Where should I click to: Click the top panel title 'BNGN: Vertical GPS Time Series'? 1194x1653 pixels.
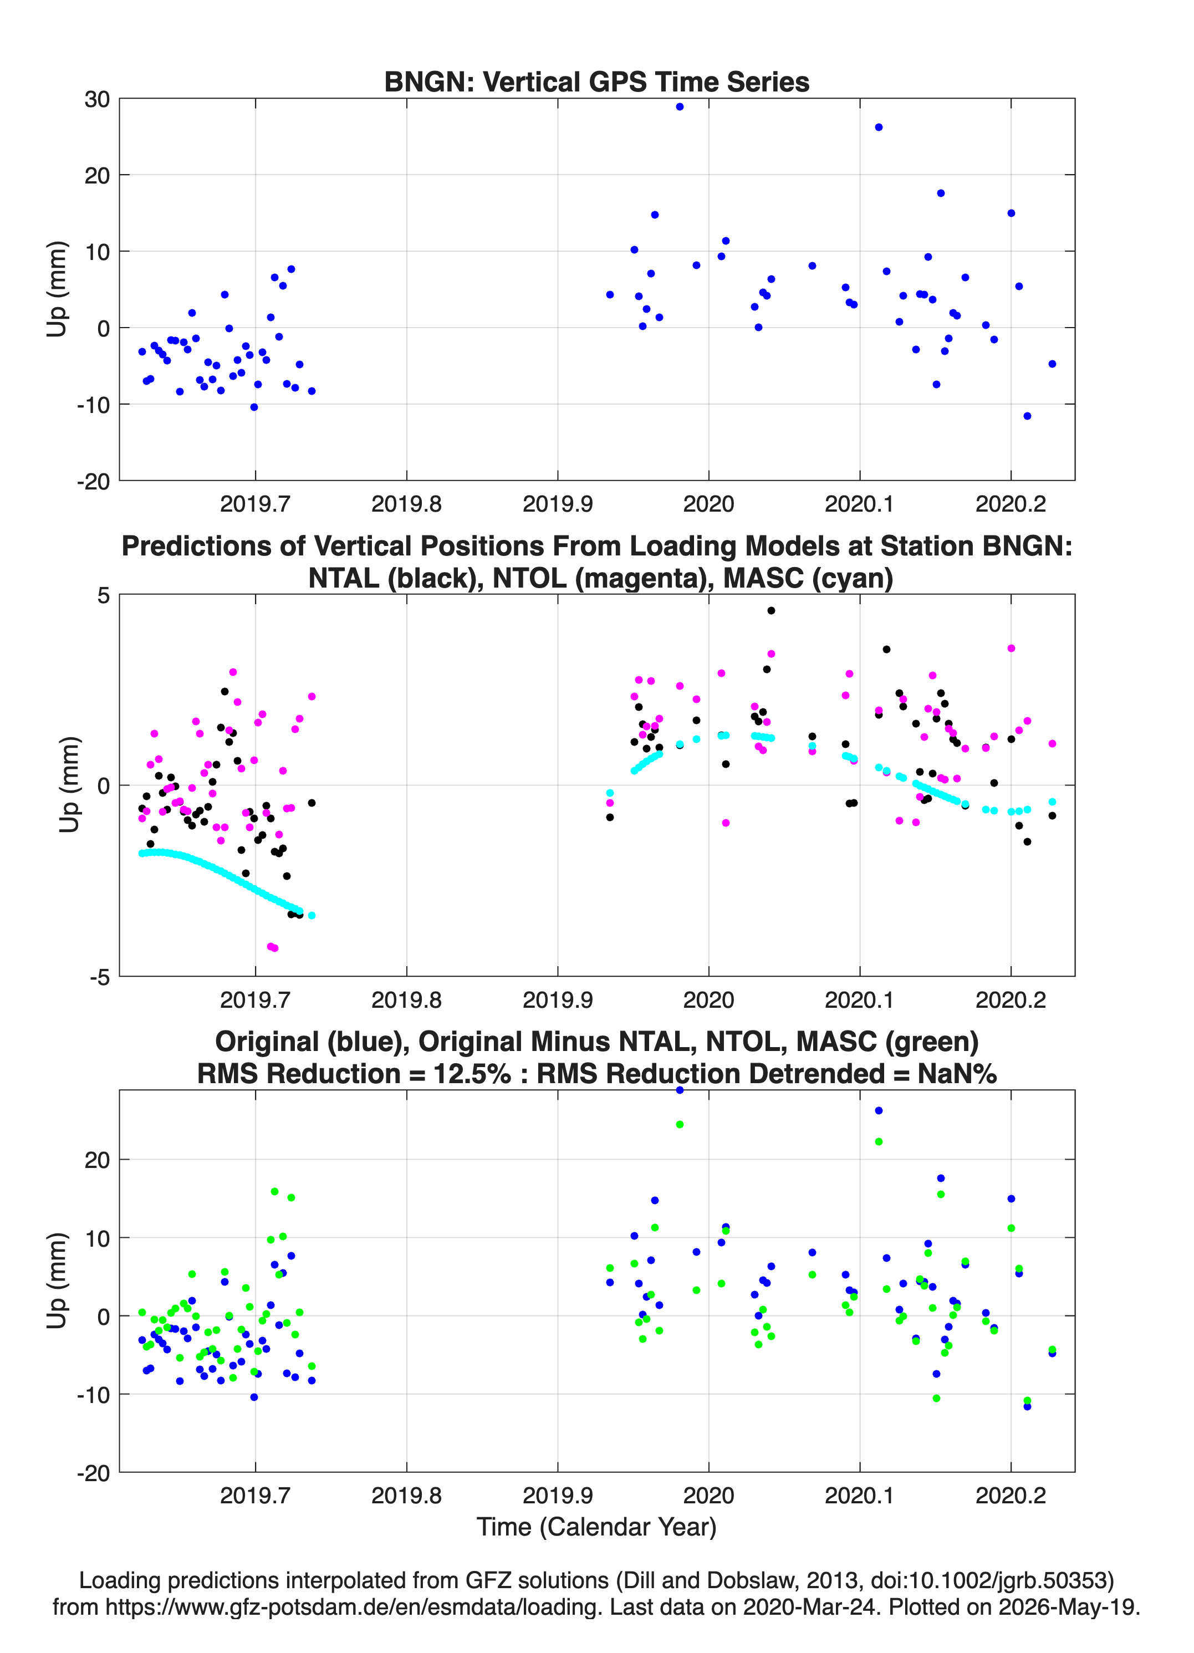pyautogui.click(x=596, y=81)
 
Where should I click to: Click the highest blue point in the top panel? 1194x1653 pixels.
pyautogui.click(x=680, y=106)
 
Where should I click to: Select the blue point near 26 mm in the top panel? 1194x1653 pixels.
pyautogui.click(x=879, y=127)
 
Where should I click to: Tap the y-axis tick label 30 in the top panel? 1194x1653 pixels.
pyautogui.click(x=97, y=99)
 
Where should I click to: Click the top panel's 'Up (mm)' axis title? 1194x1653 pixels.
pyautogui.click(x=57, y=289)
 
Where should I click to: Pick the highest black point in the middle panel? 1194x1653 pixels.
pyautogui.click(x=771, y=610)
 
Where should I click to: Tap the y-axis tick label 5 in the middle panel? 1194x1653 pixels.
pyautogui.click(x=104, y=595)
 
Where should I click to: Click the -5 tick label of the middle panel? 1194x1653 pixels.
pyautogui.click(x=100, y=977)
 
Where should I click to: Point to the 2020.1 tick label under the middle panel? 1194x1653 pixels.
pyautogui.click(x=859, y=999)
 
